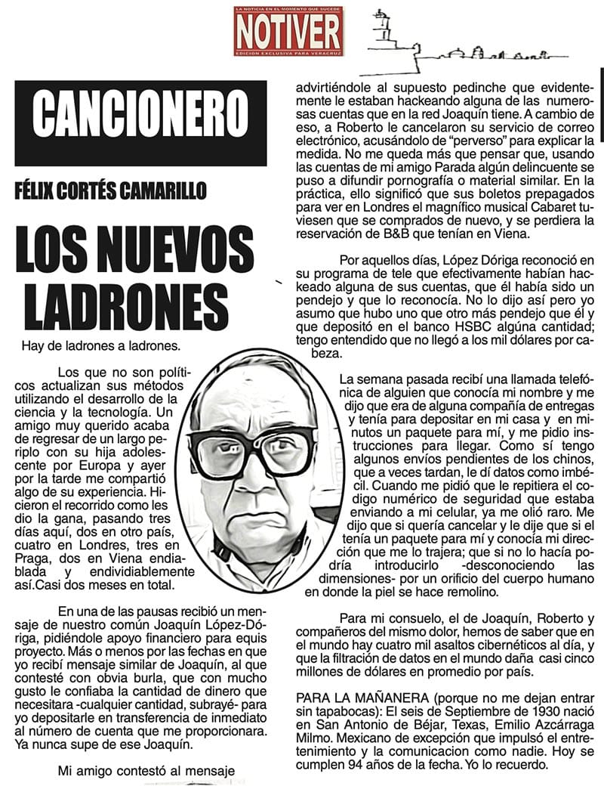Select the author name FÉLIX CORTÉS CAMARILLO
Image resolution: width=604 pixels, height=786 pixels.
[x=110, y=190]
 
